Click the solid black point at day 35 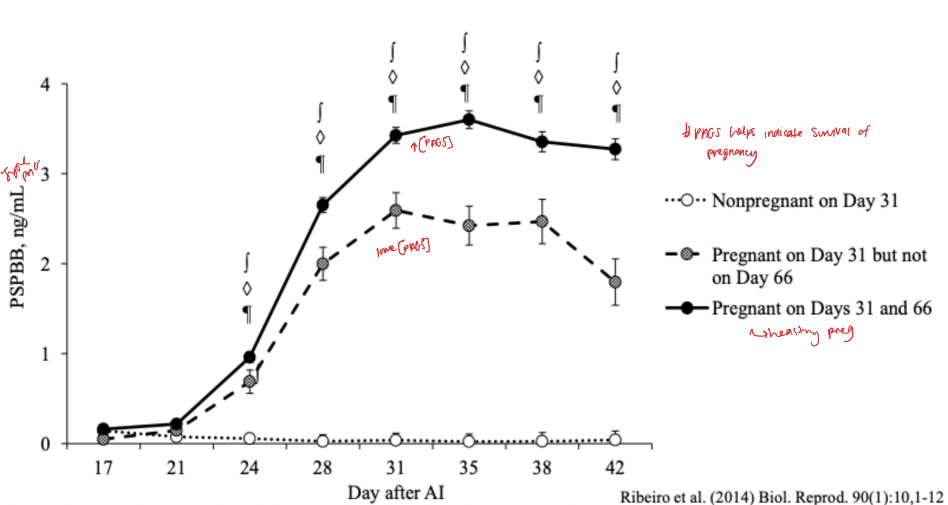469,120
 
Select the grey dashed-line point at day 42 615,282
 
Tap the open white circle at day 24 249,438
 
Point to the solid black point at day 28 323,205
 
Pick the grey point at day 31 395,211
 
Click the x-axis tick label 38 541,468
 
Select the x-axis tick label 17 103,468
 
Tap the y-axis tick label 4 46,85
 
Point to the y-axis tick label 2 46,264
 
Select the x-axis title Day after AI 395,493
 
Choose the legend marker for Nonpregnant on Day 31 686,200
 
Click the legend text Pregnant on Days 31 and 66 822,308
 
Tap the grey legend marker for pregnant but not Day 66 687,255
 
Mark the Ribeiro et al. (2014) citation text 781,497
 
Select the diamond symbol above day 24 247,289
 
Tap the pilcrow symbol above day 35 466,93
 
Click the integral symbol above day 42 616,62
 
